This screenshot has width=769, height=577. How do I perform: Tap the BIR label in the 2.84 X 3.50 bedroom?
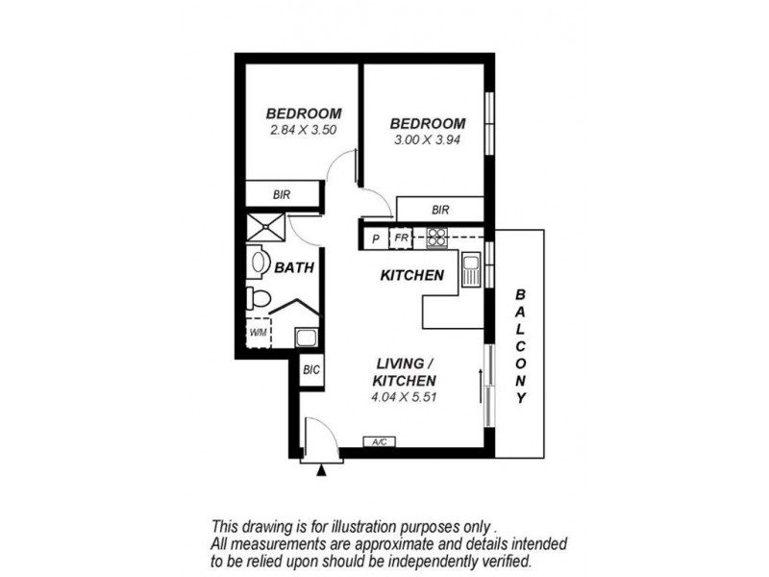[281, 194]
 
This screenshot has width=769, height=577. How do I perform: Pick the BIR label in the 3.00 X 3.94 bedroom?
[440, 209]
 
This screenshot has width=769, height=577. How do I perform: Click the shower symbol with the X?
[266, 228]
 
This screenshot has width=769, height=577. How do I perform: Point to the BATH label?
[294, 268]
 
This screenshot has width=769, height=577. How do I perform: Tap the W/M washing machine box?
[259, 333]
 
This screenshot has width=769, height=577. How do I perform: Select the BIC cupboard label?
[310, 369]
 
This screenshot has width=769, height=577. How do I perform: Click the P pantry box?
[375, 238]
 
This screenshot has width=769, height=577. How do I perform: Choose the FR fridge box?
[401, 238]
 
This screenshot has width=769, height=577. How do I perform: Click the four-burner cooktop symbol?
[437, 237]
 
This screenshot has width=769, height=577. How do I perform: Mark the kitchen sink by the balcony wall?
[471, 270]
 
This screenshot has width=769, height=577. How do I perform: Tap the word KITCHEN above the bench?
[411, 276]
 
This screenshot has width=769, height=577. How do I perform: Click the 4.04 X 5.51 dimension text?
[405, 395]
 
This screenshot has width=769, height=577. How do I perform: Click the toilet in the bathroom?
[255, 297]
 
